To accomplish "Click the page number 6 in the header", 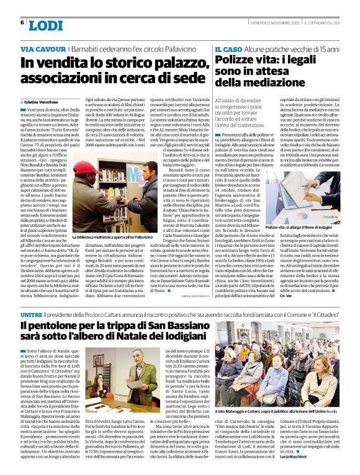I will click(22, 22).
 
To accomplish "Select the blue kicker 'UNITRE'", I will click(32, 316).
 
